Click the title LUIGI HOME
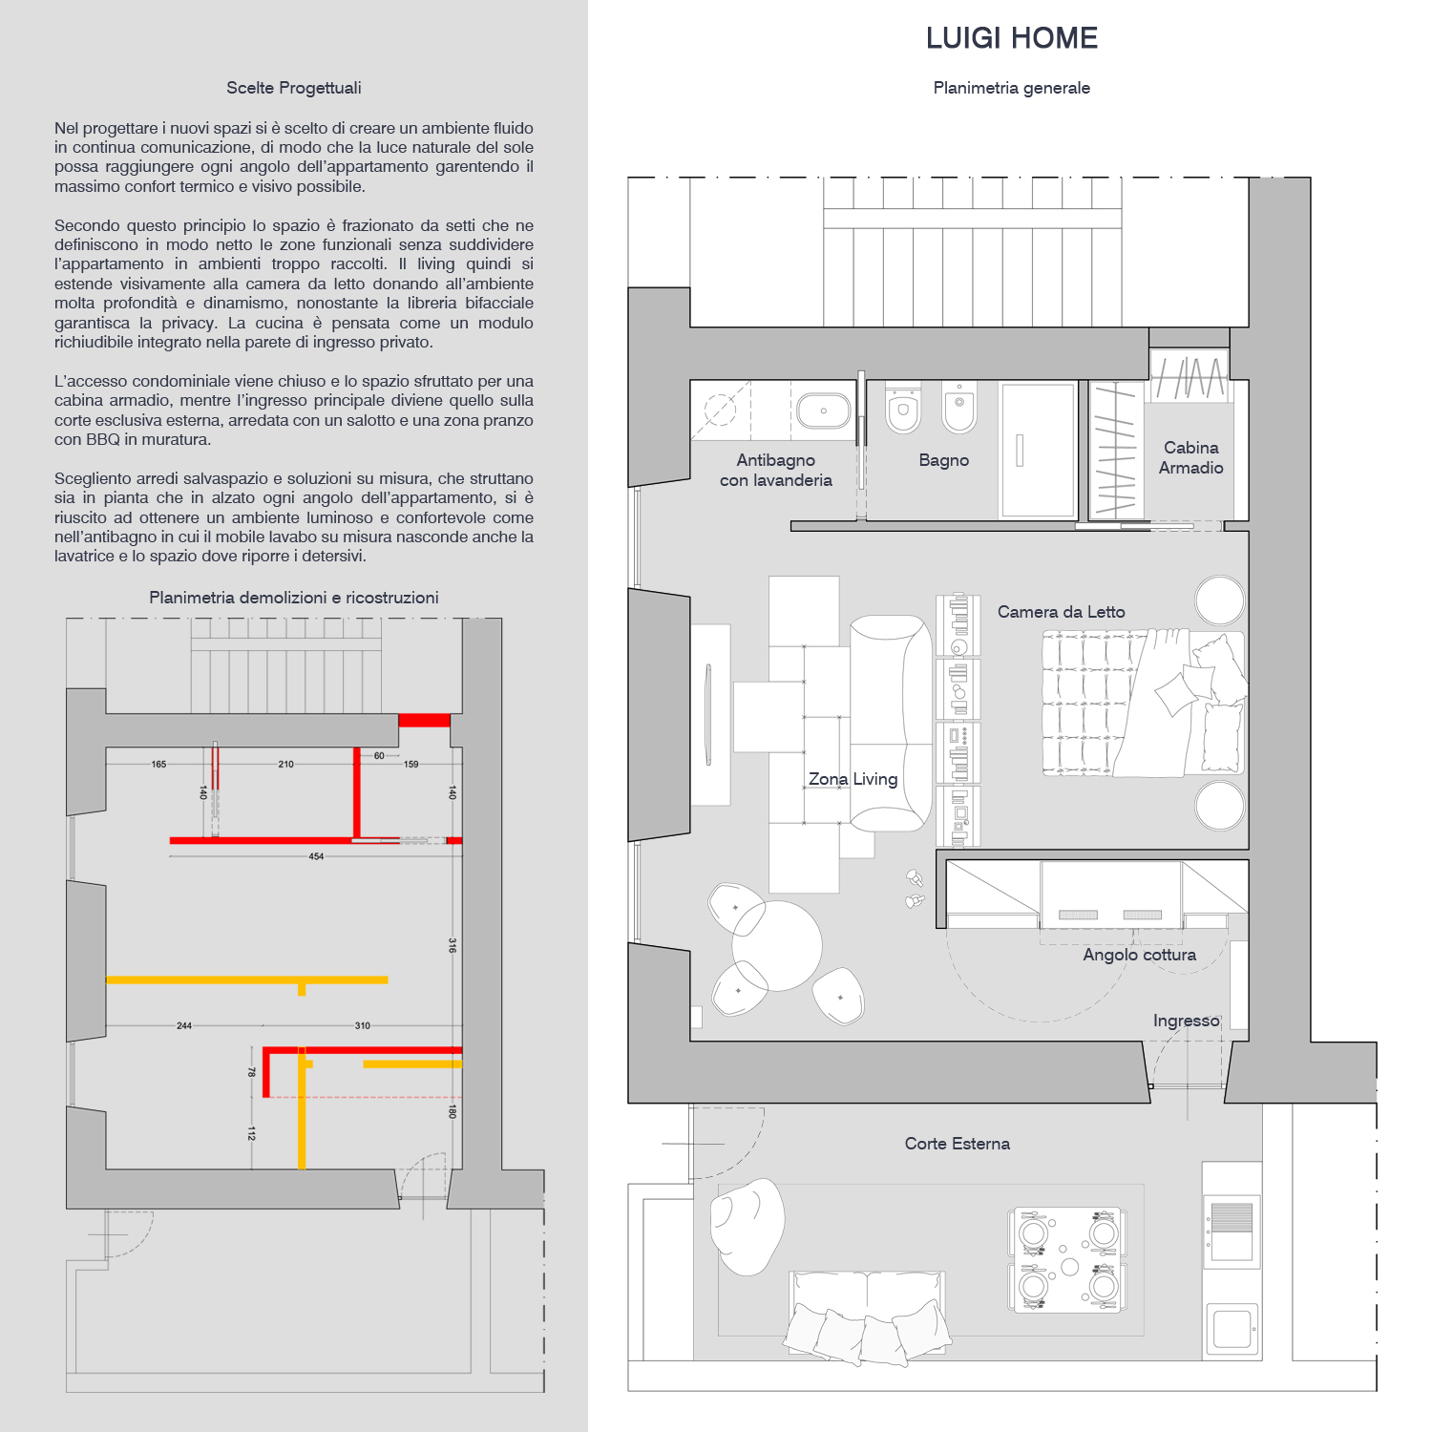click(x=1011, y=38)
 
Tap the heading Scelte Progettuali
click(x=293, y=88)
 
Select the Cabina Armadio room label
click(x=1190, y=457)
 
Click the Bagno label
click(x=943, y=460)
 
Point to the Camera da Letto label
click(x=1061, y=612)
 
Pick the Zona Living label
click(x=853, y=779)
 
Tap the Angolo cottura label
click(x=1139, y=955)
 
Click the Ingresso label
click(x=1186, y=1021)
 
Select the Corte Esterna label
click(x=957, y=1144)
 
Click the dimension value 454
click(x=316, y=856)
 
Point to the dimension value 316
click(x=453, y=945)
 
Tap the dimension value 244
click(x=184, y=1025)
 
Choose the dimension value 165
click(x=158, y=764)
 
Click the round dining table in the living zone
click(x=777, y=945)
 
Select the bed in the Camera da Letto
click(x=1143, y=703)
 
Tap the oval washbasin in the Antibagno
click(x=823, y=411)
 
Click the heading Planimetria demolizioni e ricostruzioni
click(x=293, y=598)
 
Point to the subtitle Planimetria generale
click(x=1011, y=88)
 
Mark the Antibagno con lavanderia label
click(x=775, y=470)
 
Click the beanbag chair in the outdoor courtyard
click(x=748, y=1225)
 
